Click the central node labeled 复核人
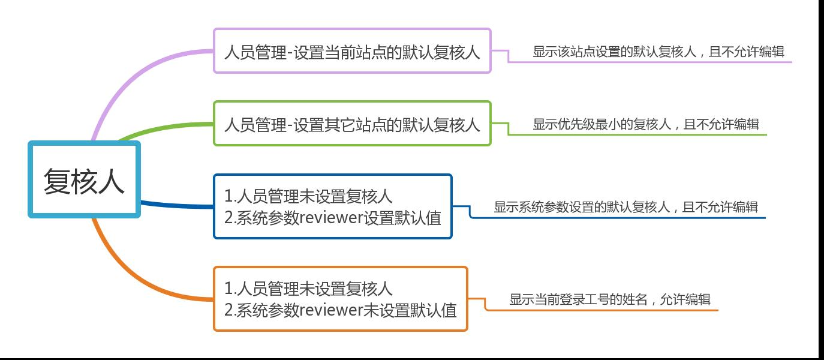click(84, 179)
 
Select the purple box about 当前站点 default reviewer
click(352, 51)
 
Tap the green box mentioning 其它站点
click(352, 124)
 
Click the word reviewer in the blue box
click(332, 218)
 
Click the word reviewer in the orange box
click(332, 310)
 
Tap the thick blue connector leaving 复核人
click(176, 205)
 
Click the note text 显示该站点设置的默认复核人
click(615, 52)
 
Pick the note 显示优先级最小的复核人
click(602, 124)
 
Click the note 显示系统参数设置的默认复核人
click(582, 207)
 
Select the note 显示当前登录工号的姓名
click(578, 299)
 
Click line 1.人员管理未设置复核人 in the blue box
click(308, 196)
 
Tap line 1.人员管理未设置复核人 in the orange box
click(308, 288)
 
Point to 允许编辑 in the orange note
click(685, 299)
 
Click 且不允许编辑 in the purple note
click(747, 52)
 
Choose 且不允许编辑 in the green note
click(721, 124)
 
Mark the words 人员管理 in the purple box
click(255, 52)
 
